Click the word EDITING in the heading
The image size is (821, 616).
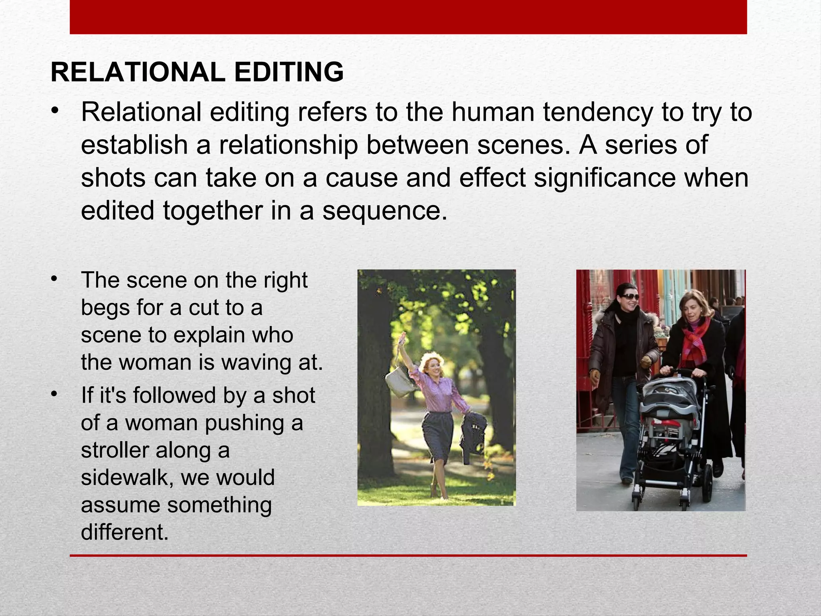pos(289,73)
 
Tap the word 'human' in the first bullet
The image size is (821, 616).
pos(493,112)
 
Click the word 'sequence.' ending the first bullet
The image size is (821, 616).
pos(385,211)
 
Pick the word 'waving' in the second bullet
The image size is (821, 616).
pos(257,362)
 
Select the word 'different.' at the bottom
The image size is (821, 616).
pos(125,532)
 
